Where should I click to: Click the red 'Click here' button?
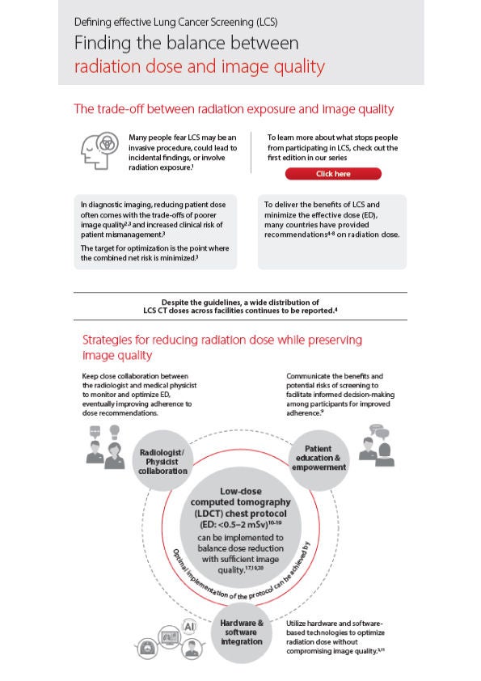click(x=333, y=174)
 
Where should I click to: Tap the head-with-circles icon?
click(x=99, y=150)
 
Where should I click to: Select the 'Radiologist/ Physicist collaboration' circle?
click(x=162, y=461)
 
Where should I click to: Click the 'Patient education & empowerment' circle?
click(x=319, y=459)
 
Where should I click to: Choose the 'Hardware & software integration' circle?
click(x=242, y=632)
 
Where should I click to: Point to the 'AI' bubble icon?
click(x=189, y=627)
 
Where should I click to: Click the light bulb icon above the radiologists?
click(x=114, y=432)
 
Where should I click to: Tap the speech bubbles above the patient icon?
click(x=379, y=432)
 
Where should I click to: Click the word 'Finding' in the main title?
click(x=103, y=43)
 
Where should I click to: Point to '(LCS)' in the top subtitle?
click(x=267, y=22)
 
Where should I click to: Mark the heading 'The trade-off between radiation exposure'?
click(x=190, y=108)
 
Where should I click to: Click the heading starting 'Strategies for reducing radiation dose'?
click(x=222, y=347)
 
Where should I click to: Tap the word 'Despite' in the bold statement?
click(x=175, y=302)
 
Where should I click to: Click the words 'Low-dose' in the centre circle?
click(x=241, y=491)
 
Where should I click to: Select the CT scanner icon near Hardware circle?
click(x=146, y=648)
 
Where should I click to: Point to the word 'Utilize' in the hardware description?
click(x=296, y=624)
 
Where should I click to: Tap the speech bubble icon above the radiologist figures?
click(x=95, y=432)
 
